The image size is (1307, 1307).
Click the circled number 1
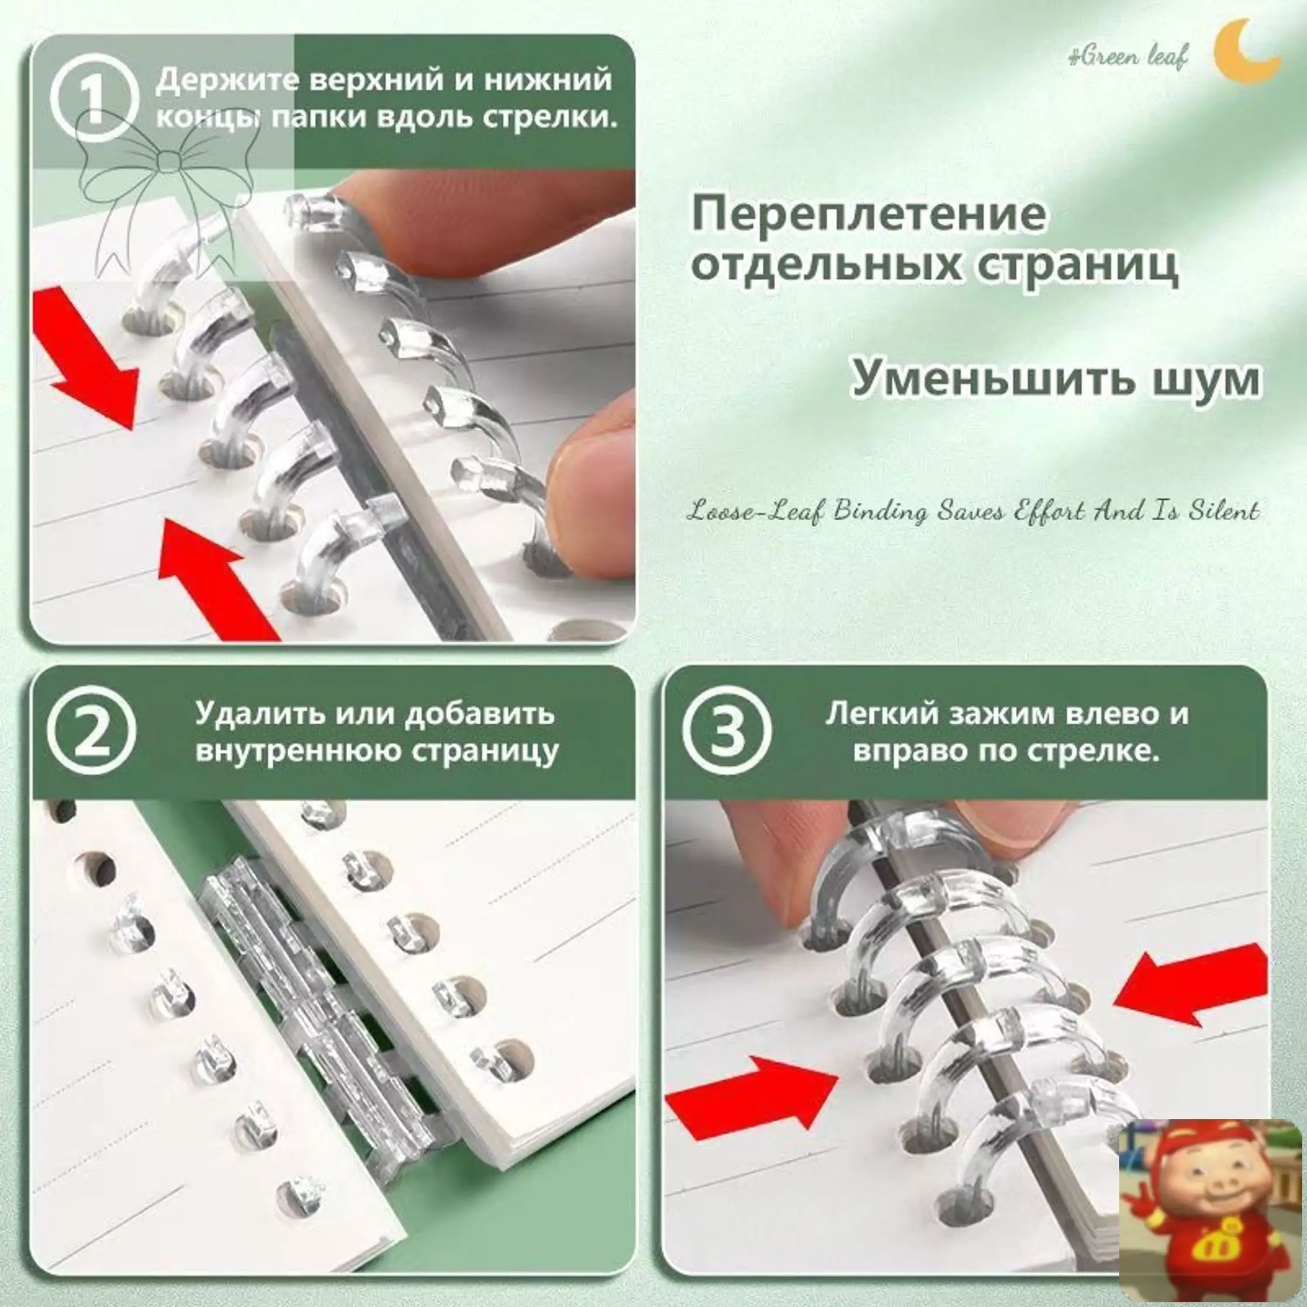click(x=94, y=99)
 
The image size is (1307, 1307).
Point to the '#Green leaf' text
click(x=1127, y=57)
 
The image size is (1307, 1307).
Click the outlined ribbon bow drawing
click(x=169, y=196)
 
